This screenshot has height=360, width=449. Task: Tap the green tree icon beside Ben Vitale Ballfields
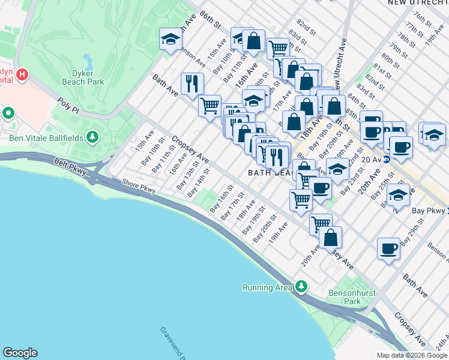click(x=92, y=139)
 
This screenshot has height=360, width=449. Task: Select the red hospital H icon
click(x=22, y=75)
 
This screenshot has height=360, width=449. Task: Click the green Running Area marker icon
click(x=301, y=287)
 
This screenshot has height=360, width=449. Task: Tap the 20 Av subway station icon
click(x=387, y=159)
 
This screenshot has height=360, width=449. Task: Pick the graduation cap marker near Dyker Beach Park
click(x=170, y=40)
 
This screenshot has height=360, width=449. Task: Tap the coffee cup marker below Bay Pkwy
click(x=389, y=248)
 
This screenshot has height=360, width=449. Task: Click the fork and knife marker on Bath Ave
click(x=192, y=83)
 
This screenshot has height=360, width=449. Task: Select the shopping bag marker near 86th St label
click(x=254, y=41)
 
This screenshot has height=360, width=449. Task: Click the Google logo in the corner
click(x=20, y=353)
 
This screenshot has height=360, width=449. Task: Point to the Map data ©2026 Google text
click(x=412, y=355)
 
